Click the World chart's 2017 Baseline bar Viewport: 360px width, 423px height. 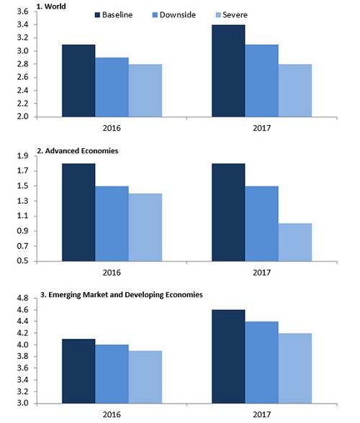coord(228,70)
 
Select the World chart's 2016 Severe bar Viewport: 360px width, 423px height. coord(145,91)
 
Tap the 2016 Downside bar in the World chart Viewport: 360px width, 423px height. coord(112,87)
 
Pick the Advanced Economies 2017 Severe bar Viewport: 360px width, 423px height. coord(295,242)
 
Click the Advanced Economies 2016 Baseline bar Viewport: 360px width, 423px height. coord(78,212)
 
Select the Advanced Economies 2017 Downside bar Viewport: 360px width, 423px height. coord(262,224)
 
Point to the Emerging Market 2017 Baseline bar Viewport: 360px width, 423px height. coord(228,357)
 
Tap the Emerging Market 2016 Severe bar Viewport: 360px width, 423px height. coord(145,377)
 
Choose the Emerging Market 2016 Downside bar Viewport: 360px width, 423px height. coord(112,374)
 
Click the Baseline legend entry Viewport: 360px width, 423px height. coord(114,15)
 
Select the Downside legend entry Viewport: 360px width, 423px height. coord(174,15)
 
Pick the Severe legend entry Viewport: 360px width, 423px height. coord(232,15)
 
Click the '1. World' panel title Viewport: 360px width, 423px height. coord(51,6)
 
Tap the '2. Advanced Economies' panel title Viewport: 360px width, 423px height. coord(78,151)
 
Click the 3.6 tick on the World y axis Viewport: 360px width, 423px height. coord(23,12)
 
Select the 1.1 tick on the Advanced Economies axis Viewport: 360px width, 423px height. coord(23,216)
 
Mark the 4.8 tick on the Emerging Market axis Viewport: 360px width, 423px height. coord(23,298)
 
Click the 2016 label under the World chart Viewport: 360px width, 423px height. coord(112,128)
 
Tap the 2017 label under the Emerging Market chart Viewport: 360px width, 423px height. coord(261,414)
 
